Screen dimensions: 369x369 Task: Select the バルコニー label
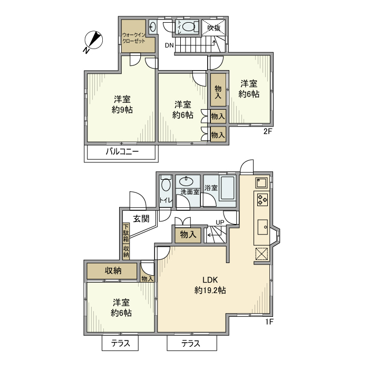pos(122,152)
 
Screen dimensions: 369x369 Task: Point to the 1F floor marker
pos(268,322)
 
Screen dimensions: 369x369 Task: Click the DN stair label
pos(169,45)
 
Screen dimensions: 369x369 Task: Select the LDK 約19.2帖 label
pos(211,285)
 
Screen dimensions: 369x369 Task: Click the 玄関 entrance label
pos(141,218)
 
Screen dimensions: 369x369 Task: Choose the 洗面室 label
pos(189,192)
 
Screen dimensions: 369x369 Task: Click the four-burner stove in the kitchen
pos(263,200)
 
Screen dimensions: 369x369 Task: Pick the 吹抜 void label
pos(213,28)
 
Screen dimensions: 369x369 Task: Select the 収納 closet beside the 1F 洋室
pos(113,271)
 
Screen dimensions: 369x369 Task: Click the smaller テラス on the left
pos(120,344)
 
